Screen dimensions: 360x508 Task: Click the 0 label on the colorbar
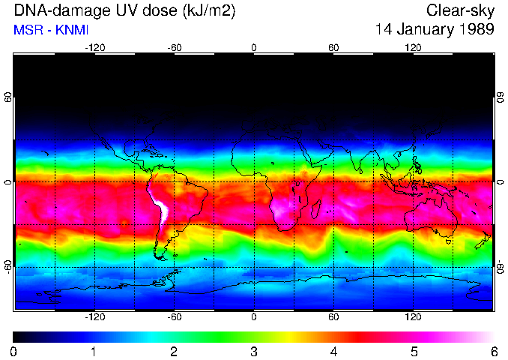tap(13, 351)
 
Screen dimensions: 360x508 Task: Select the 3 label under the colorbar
tap(253, 351)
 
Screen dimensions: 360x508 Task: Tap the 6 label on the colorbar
tap(493, 351)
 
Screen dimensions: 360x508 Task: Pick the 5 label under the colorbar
tap(414, 351)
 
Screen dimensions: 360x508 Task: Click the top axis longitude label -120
tap(94, 47)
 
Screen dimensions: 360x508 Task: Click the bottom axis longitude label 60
tap(333, 317)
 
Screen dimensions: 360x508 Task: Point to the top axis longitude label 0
tap(254, 47)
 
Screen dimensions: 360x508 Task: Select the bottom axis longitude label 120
tap(413, 317)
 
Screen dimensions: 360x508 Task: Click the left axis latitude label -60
tap(7, 267)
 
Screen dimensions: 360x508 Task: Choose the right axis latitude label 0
tap(500, 182)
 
